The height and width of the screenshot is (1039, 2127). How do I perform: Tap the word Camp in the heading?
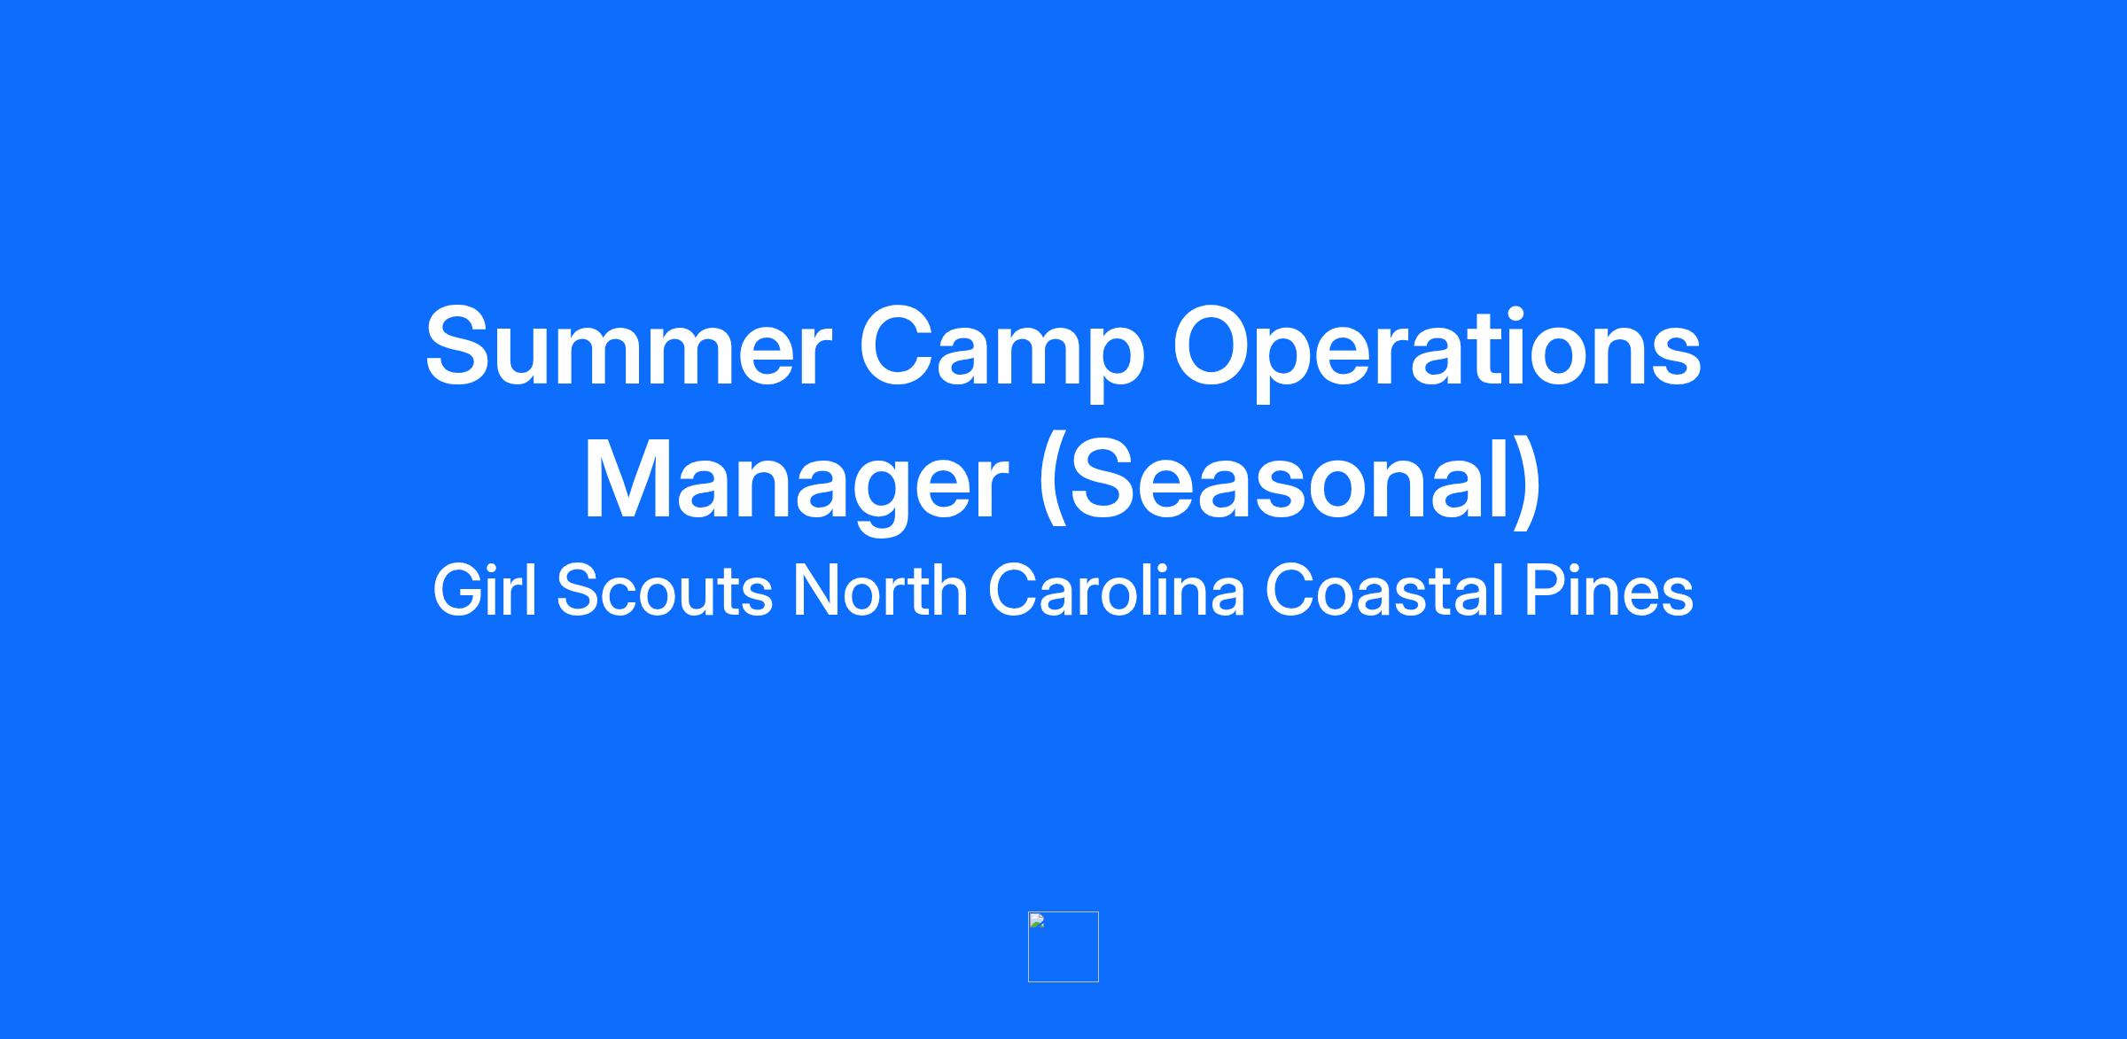click(x=1002, y=354)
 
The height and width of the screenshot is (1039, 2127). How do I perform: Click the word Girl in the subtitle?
click(x=485, y=590)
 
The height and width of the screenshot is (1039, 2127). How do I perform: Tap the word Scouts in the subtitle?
click(x=664, y=592)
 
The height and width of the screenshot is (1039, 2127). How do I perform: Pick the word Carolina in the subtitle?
click(x=1117, y=591)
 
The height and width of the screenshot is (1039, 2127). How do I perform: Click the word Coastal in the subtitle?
click(x=1384, y=591)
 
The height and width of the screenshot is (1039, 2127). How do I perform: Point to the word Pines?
click(x=1609, y=591)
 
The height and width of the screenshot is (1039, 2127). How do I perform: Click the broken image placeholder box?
click(x=1063, y=947)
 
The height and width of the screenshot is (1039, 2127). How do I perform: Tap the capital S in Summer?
click(x=464, y=346)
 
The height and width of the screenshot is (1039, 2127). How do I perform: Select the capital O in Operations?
click(x=1218, y=346)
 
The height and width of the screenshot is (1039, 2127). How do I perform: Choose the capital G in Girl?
click(x=456, y=591)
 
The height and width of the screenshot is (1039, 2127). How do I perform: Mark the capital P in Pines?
click(x=1544, y=591)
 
